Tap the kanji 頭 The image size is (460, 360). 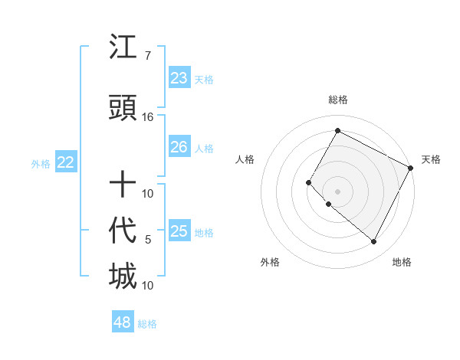point(123,109)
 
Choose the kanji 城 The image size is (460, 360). point(123,277)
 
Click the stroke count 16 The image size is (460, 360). point(148,116)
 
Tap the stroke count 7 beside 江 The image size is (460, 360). point(147,56)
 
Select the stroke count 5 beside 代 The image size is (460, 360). point(148,240)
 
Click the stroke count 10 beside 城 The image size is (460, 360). point(148,285)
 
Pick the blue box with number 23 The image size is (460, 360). point(179,78)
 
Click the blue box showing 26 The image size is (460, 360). point(179,147)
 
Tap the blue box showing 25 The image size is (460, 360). point(179,231)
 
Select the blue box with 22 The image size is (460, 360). point(65,162)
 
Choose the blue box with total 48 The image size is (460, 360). point(123,322)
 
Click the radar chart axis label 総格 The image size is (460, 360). point(337,100)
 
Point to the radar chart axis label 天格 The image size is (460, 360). point(431,159)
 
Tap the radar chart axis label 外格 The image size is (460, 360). point(270,262)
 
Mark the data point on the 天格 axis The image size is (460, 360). point(412,167)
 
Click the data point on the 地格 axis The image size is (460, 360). point(374,242)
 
